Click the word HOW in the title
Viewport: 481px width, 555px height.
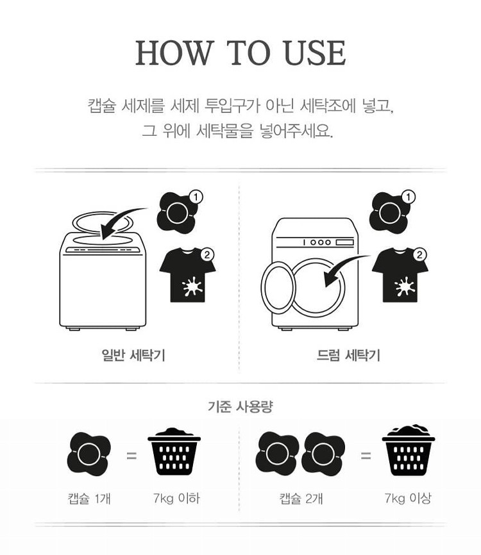(174, 53)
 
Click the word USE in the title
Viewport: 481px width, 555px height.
(314, 53)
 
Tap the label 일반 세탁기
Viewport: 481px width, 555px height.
(133, 354)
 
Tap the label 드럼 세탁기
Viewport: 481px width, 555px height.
(348, 354)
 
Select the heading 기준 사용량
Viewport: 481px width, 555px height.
(240, 406)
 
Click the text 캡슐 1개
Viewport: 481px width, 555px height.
(89, 499)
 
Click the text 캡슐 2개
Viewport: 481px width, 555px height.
(301, 499)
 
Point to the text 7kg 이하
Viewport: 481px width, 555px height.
(176, 499)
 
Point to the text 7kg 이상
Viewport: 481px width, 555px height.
(408, 499)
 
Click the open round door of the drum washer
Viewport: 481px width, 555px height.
(278, 287)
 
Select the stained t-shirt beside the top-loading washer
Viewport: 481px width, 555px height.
(188, 275)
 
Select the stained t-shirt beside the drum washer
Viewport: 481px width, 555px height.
(400, 275)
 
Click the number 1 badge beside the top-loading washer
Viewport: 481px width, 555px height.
(196, 197)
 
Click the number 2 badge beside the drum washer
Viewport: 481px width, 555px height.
(419, 254)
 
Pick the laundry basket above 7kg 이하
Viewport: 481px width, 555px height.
(174, 451)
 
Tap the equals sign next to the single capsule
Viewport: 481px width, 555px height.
(131, 456)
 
